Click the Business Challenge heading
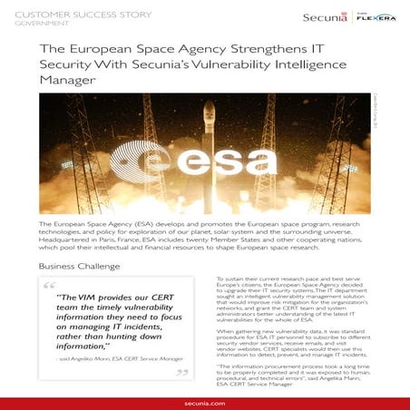click(80, 267)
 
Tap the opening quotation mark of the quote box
click(51, 288)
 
